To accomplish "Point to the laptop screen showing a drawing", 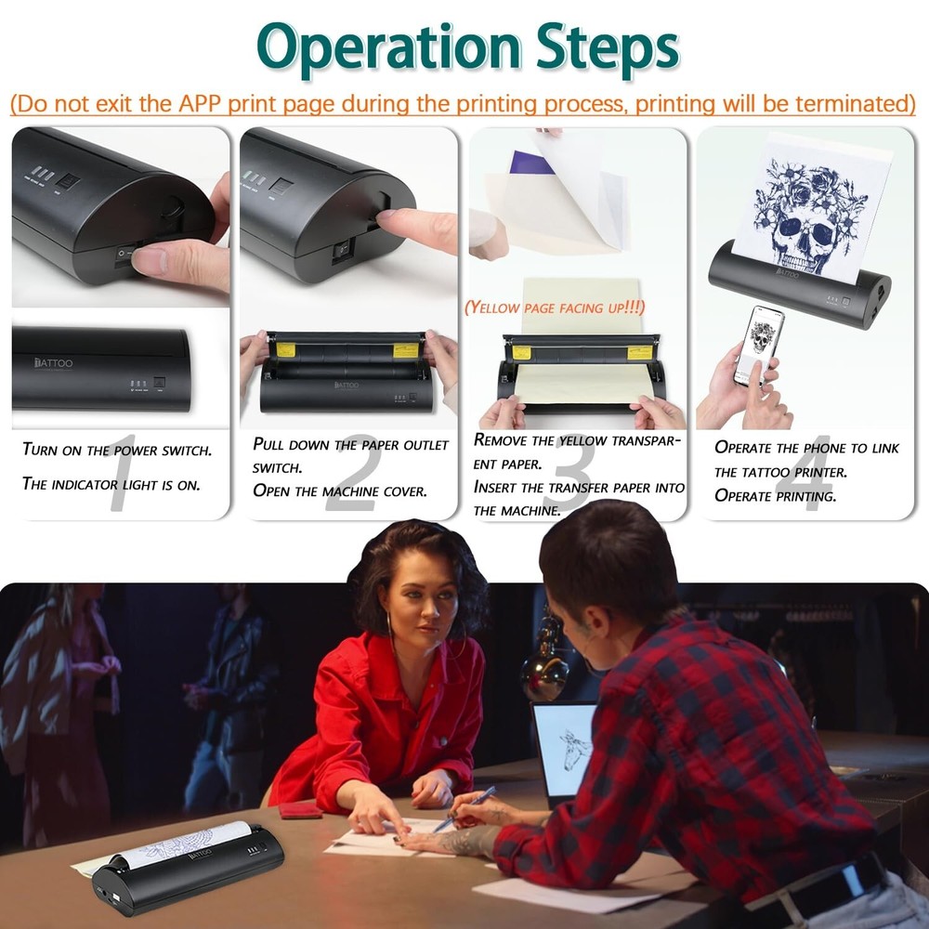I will (565, 749).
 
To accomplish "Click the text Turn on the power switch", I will (116, 450).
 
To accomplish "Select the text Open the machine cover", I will (340, 491).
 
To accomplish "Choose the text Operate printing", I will (775, 495).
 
